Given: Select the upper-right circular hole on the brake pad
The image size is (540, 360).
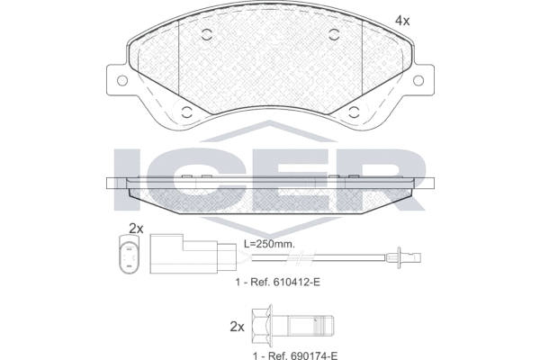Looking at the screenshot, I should click(x=334, y=36).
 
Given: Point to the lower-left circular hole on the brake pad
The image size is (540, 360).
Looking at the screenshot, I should click(x=187, y=113).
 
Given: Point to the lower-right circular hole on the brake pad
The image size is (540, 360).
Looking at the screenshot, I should click(x=352, y=113).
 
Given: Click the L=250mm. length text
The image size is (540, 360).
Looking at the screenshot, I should click(x=271, y=244).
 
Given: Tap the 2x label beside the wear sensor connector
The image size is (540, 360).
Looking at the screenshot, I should click(x=137, y=227).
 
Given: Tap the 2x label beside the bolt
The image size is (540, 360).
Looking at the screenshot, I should click(x=237, y=326).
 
